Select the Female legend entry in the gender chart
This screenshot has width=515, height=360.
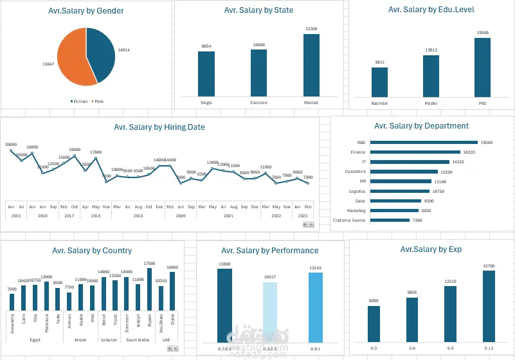tap(80, 101)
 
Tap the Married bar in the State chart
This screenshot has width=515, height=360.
tap(311, 65)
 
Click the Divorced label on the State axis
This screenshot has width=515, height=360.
tap(258, 102)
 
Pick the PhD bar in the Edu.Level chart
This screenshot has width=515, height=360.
tap(482, 67)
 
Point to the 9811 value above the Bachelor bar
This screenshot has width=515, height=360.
tap(379, 62)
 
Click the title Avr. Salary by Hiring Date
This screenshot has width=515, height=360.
tap(159, 127)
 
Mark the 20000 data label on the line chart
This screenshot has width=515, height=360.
tap(11, 145)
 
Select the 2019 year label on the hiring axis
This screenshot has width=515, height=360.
tap(138, 216)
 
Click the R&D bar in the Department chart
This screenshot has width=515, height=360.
tap(424, 142)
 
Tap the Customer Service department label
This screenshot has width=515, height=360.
tap(349, 221)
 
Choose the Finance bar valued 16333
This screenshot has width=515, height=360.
tap(415, 152)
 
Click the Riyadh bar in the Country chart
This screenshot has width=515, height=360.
tap(150, 289)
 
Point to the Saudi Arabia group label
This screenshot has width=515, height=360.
tap(134, 339)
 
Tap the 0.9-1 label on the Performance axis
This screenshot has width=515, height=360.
tap(314, 348)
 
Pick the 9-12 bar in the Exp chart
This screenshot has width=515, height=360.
tap(489, 306)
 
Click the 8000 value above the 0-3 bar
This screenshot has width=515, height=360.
tap(374, 301)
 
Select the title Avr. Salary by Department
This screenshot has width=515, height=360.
tap(421, 126)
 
